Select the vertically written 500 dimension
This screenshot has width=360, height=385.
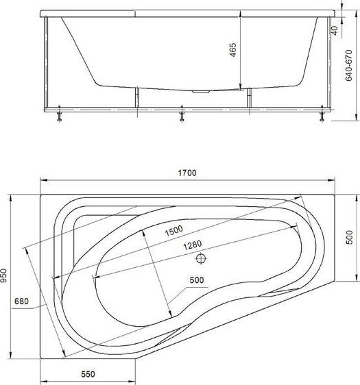tap(349, 238)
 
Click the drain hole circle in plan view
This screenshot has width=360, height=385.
tap(201, 259)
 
